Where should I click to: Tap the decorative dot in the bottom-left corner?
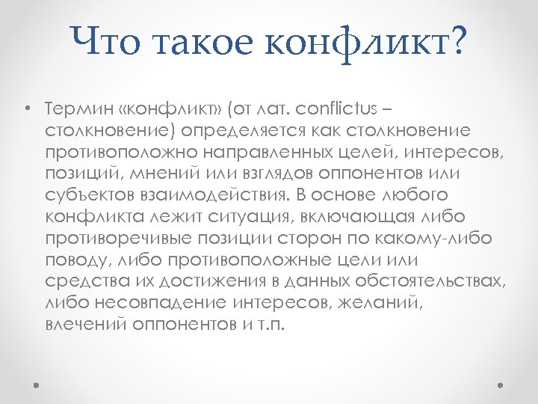click(37, 385)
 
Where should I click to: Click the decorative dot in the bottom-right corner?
click(501, 385)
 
